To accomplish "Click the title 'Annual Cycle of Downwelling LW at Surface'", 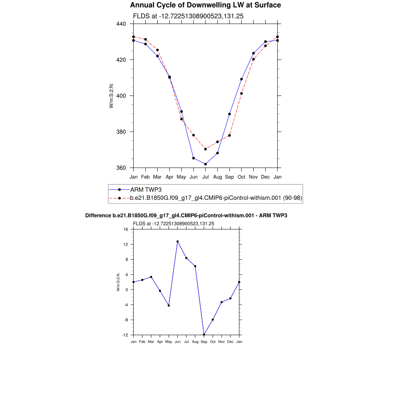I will [205, 5].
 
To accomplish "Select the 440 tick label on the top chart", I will [121, 24].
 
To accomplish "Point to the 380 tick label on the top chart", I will [121, 132].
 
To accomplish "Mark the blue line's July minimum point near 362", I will [205, 164].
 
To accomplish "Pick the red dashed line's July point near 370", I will [205, 149].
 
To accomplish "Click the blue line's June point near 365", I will [193, 158].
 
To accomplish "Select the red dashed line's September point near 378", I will [229, 135].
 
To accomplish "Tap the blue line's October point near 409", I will [241, 79].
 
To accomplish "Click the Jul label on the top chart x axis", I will [205, 177].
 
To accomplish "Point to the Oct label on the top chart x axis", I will [241, 177].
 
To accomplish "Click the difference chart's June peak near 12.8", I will [177, 242].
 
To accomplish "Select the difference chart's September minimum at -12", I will [204, 335].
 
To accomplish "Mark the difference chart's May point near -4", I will [169, 305].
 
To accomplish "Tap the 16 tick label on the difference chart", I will [125, 229].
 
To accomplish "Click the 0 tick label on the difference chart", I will [126, 290].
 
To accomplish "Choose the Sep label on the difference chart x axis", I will [204, 342].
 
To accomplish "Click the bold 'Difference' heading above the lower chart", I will [186, 216].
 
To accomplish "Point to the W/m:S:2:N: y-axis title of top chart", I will [111, 96].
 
